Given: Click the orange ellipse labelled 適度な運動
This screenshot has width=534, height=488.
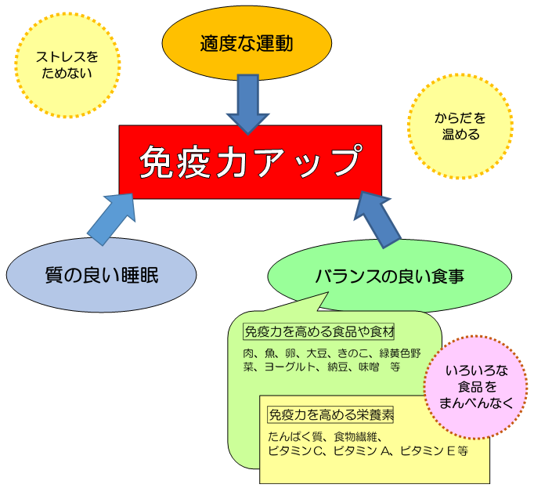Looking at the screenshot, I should coord(246,43).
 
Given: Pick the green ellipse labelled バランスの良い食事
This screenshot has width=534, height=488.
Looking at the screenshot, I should coord(389,276).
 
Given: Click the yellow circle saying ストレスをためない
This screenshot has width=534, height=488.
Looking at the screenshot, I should coord(67,66).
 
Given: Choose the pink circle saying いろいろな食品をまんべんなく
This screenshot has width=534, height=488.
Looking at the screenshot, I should coord(477,387).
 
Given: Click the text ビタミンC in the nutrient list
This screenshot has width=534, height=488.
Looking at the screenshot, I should coord(298,451).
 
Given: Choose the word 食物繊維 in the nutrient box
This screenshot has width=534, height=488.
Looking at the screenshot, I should coord(356,436).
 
